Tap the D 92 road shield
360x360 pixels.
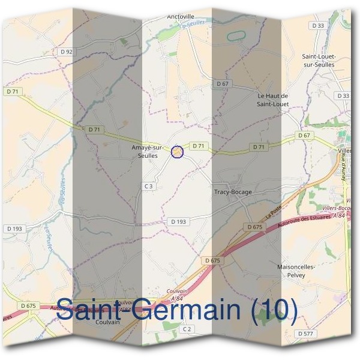[67, 52]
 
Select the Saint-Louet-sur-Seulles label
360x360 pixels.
[319, 61]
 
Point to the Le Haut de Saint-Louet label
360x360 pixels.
[273, 99]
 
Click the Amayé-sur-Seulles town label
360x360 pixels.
[147, 151]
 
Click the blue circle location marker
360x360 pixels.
[177, 152]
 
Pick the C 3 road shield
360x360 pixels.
[149, 187]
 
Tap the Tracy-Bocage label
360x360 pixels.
[233, 192]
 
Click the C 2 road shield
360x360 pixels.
[188, 329]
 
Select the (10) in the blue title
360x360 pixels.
[273, 310]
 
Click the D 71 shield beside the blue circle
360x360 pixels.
[199, 146]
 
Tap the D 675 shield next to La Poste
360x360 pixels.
[255, 227]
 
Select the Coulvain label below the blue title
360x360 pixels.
[107, 322]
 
